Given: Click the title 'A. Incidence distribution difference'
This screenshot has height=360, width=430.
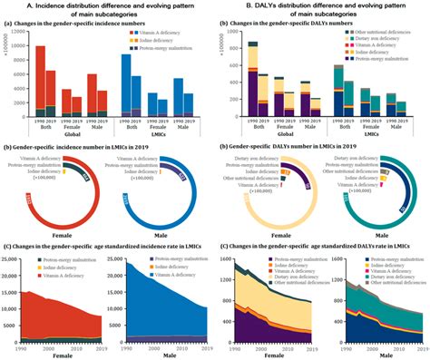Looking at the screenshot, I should coord(108,7).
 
